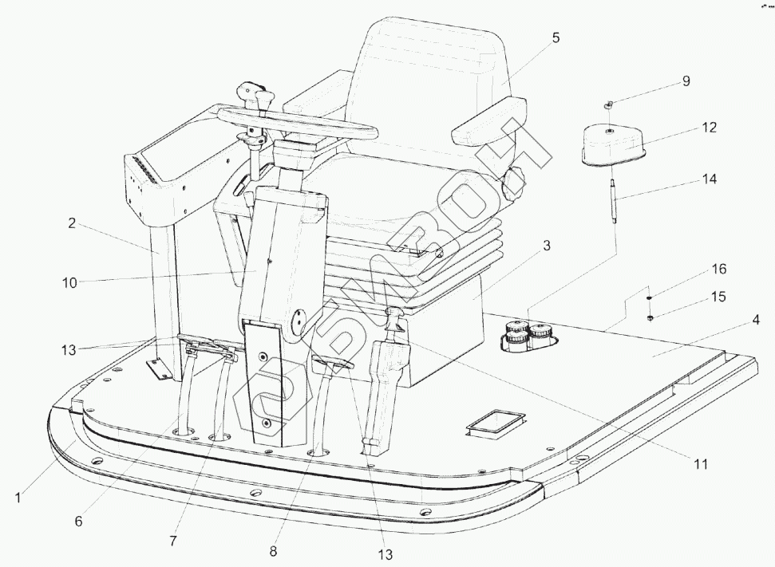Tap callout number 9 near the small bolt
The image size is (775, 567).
[686, 81]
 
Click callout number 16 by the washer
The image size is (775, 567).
[719, 270]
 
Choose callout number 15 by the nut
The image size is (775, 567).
[718, 296]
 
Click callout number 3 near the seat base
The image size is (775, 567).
[546, 246]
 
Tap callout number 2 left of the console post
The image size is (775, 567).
[72, 224]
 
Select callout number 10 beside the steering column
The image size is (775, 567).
[70, 282]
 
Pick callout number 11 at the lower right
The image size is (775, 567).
[699, 462]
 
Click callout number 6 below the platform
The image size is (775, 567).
[78, 522]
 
